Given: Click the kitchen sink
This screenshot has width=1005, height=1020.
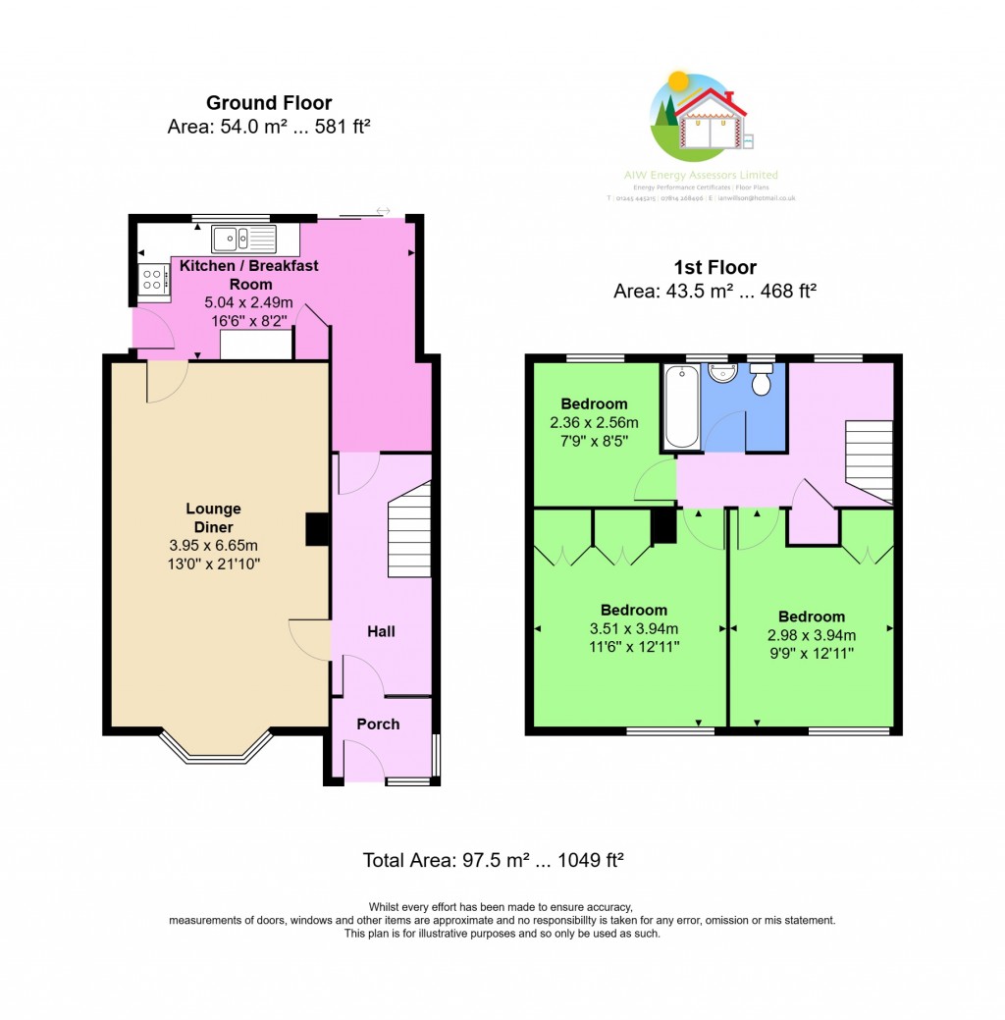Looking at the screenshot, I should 244,239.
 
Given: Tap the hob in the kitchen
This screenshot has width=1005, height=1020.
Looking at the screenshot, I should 154,280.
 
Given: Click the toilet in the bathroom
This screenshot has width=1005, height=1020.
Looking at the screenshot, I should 762,380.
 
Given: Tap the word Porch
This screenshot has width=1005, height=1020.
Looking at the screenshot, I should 378,725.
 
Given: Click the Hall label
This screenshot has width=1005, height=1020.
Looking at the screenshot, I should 381,631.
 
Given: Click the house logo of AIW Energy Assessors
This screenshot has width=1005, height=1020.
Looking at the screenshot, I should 701,119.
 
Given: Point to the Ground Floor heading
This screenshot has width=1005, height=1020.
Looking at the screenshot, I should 269,103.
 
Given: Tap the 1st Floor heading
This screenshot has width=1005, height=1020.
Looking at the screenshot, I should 714,267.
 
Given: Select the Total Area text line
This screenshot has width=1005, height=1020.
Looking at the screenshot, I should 494,861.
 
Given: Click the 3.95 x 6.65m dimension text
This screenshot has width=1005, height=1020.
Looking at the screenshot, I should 213,546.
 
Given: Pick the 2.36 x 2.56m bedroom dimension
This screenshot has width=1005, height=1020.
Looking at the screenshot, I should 594,423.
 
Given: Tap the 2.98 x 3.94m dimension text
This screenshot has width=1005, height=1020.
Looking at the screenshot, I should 812,634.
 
